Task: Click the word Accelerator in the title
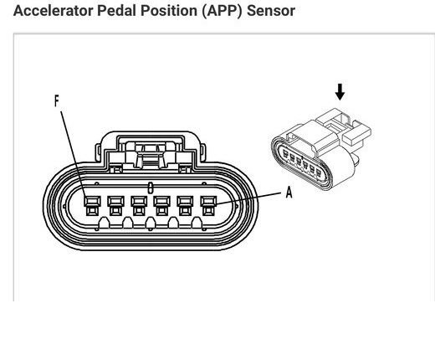53,11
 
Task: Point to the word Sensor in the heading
271,11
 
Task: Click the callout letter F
57,100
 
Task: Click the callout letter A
289,193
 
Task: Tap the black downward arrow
340,92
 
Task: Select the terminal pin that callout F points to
92,205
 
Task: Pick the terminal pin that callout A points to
208,205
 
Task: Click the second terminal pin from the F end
115,205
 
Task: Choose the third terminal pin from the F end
139,205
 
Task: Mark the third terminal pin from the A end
161,205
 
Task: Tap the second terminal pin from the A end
185,205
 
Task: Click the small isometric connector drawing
320,150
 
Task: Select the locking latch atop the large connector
151,152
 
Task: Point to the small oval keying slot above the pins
150,188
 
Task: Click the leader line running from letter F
74,154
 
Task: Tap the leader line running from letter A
248,198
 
